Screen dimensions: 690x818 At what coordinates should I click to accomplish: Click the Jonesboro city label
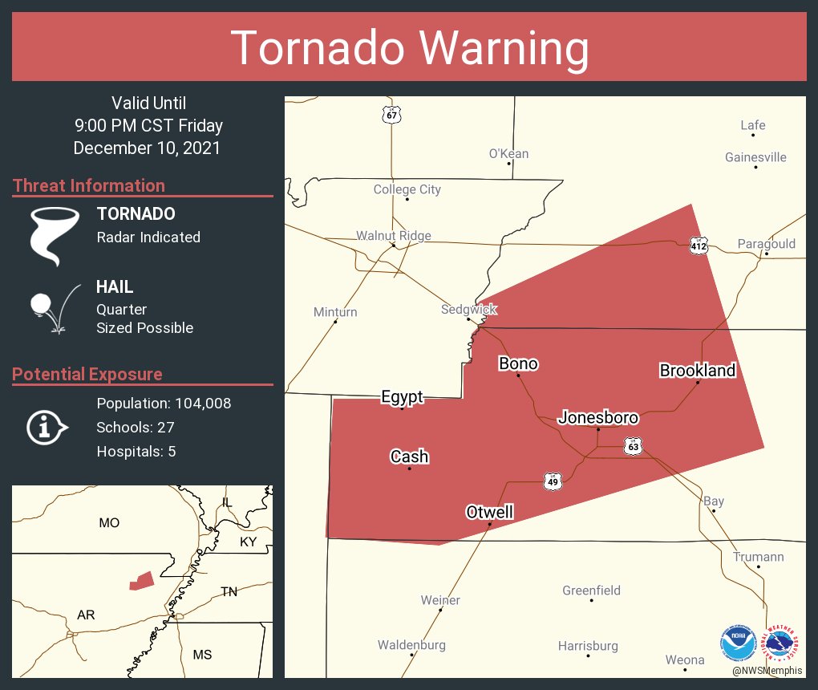tap(598, 418)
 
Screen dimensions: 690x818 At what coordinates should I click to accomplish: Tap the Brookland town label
tap(697, 371)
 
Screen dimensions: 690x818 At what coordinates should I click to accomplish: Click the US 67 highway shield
tap(391, 115)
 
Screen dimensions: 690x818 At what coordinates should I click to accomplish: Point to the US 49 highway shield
tap(552, 481)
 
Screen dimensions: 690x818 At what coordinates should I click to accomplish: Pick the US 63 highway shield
tap(634, 446)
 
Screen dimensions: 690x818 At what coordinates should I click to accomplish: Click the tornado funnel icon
tap(54, 235)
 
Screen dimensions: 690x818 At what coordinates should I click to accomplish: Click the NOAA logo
tap(738, 643)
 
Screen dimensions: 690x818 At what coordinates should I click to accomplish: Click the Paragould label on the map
tap(767, 244)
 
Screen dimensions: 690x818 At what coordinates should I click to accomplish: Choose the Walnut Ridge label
tap(394, 236)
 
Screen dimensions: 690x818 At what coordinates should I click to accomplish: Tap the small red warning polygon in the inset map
tap(141, 581)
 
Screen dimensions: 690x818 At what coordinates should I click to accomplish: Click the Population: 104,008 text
tap(164, 404)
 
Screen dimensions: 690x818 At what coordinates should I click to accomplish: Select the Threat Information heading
tap(89, 186)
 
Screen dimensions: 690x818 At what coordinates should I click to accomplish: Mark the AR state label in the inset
tap(86, 615)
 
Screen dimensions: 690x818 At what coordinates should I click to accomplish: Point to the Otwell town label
tap(489, 513)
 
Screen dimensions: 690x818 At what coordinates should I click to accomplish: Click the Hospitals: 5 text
tap(136, 452)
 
